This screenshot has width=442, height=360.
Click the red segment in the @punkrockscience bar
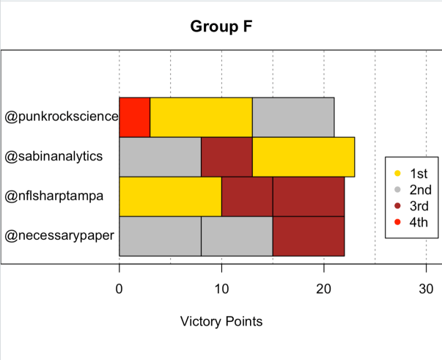coord(134,117)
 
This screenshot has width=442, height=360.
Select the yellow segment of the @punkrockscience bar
coord(201,117)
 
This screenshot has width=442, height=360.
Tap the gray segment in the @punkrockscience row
coord(293,117)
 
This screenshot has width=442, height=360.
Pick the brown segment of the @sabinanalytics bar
coord(226,156)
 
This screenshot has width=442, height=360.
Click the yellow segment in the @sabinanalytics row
coord(303,156)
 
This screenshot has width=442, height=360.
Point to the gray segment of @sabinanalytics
coord(160,156)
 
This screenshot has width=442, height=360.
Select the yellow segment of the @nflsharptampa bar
coord(170,196)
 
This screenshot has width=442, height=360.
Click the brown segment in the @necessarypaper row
coord(309,235)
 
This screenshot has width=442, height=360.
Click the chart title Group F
coord(221,27)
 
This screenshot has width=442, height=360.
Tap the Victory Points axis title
coord(221,321)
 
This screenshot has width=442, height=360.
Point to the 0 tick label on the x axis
coord(119,289)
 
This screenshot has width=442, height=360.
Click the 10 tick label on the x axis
coord(221,289)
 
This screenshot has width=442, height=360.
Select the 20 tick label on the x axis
coord(324,289)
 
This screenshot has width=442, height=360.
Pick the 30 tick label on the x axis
coord(426,289)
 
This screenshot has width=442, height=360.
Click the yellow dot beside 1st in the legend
coord(397,174)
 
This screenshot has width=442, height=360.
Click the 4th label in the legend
coord(419,222)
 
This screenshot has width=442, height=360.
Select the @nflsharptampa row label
coord(59,196)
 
